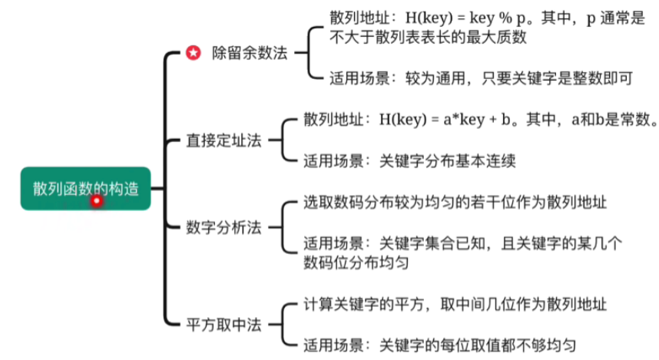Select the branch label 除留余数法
(x=250, y=53)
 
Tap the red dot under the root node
(x=97, y=201)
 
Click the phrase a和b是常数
(x=611, y=121)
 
